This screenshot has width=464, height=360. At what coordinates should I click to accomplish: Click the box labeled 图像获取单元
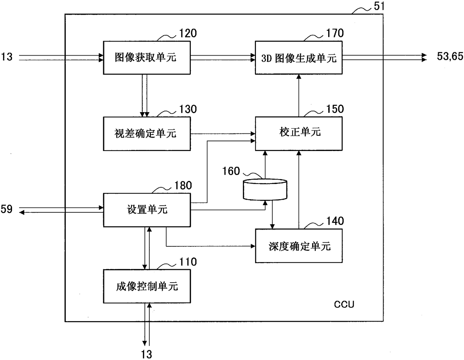point(147,58)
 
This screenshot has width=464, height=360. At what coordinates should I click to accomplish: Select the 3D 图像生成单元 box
point(299,58)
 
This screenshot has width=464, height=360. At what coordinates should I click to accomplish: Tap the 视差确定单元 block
point(147,134)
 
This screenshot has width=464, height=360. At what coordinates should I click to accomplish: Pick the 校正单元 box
point(299,133)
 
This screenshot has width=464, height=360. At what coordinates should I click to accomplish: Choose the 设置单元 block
point(147,210)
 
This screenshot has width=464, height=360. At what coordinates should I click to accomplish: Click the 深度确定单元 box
point(299,246)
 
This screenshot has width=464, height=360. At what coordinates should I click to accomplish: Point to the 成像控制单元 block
point(147,286)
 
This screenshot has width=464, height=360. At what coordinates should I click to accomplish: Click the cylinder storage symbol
point(265,190)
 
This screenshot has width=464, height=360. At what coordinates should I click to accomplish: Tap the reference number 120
point(188,34)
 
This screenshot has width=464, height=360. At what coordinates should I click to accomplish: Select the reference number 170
point(335,33)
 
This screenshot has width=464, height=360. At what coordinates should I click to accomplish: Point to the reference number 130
point(188,109)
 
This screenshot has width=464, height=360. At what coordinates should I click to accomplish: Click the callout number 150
point(335,109)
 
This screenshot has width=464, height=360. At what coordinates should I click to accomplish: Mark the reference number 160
point(231,171)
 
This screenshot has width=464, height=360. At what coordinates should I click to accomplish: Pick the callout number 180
point(183,185)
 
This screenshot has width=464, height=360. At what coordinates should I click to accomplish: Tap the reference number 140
point(335,221)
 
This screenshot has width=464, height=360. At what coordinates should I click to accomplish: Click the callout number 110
point(188,262)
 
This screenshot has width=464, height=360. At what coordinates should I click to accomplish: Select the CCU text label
point(344,304)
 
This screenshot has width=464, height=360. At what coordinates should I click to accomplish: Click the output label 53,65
point(450,56)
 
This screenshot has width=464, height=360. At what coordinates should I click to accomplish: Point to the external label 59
point(7,209)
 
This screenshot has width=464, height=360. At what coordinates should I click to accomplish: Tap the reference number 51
point(379,6)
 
